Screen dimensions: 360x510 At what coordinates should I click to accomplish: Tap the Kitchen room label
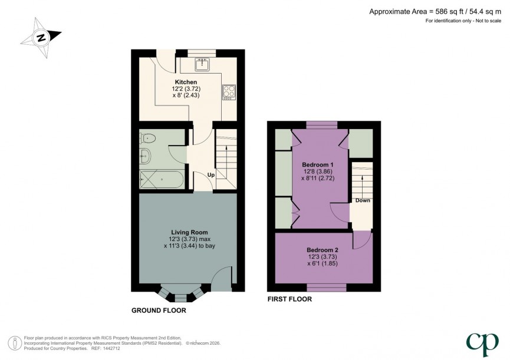pos(186,82)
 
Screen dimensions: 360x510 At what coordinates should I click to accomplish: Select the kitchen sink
pos(202,64)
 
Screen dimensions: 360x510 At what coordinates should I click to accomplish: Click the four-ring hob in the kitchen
pos(228,92)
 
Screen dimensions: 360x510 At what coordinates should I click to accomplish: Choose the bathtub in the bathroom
pos(161,179)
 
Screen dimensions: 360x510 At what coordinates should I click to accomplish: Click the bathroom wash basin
pos(145,157)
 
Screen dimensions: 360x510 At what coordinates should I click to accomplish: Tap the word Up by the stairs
pos(210,175)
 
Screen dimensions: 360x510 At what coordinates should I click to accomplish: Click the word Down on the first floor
pos(363,200)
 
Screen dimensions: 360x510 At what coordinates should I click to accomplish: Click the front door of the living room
pos(222,279)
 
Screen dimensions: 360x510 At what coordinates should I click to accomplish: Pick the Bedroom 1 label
pos(318,164)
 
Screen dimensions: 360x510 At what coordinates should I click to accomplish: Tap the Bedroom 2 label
pos(322,250)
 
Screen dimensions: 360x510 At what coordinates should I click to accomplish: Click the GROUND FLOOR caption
pos(159,310)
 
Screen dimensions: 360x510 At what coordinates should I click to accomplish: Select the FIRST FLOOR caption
pos(289,299)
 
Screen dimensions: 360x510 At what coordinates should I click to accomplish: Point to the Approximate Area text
pos(436,11)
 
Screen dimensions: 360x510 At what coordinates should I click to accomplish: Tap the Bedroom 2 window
pos(326,288)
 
